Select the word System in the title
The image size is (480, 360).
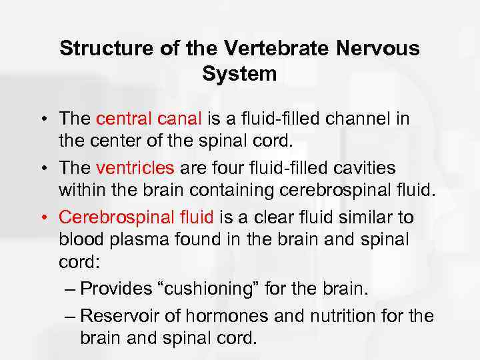239,74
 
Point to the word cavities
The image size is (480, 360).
382,167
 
